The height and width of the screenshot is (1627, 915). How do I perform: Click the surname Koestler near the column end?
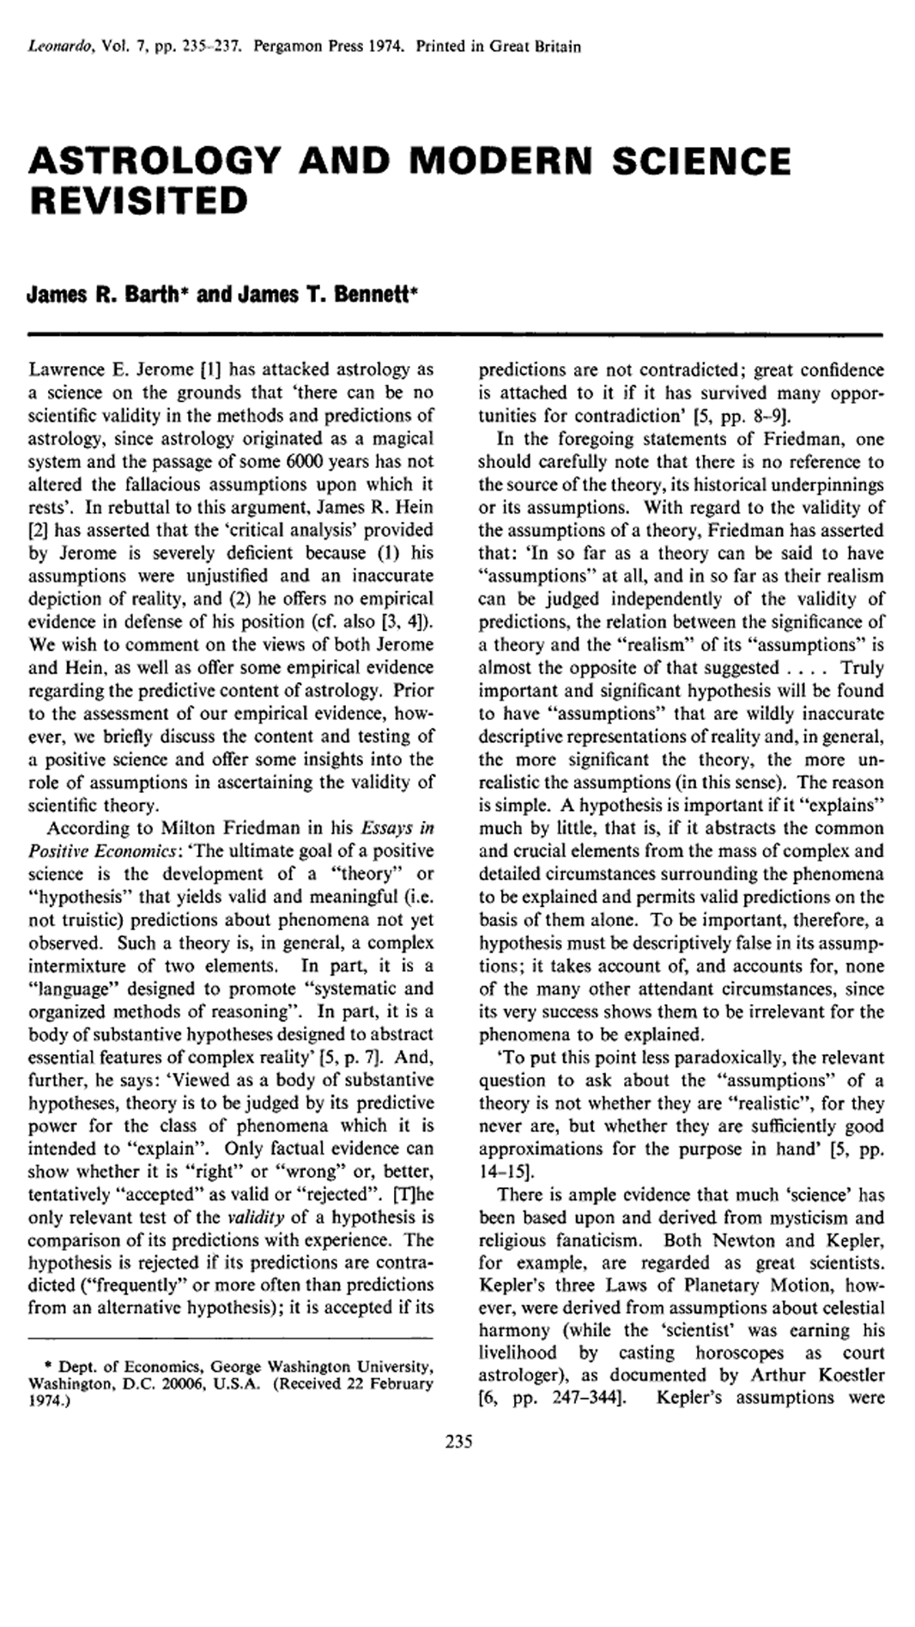point(845,1374)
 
